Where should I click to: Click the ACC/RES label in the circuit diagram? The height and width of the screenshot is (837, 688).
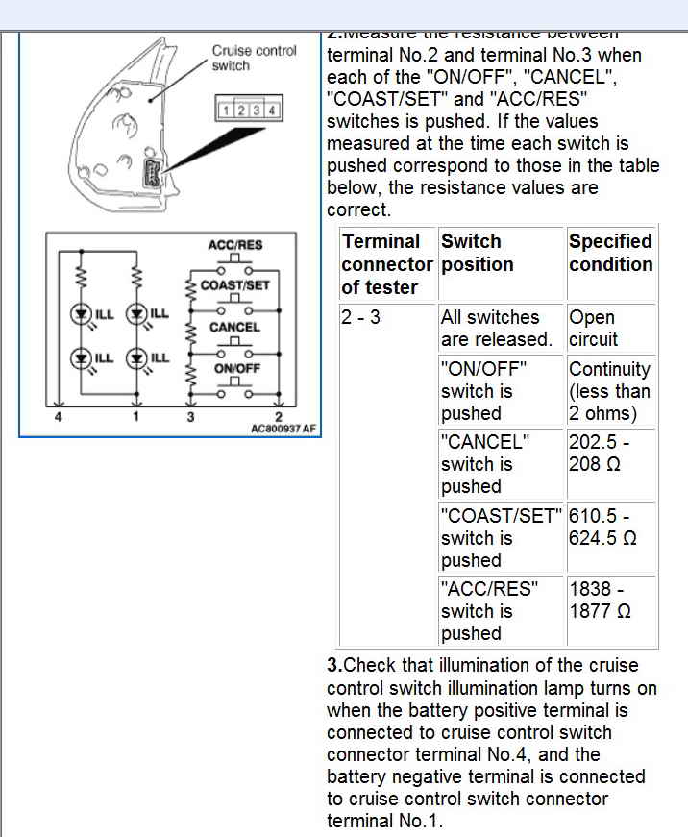click(x=234, y=245)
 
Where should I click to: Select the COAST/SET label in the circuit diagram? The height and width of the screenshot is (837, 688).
click(x=235, y=285)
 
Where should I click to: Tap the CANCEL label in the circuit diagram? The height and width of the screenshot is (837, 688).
click(x=234, y=327)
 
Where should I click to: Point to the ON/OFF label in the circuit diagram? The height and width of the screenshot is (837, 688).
click(x=234, y=368)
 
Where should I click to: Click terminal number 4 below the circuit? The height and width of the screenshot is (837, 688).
click(x=59, y=416)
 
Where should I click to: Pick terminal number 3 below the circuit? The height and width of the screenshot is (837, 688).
click(x=190, y=416)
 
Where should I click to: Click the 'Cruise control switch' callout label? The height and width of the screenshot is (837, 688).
click(x=255, y=58)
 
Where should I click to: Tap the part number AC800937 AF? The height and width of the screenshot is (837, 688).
click(x=283, y=429)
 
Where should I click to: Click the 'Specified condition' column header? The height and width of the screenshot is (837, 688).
click(x=610, y=253)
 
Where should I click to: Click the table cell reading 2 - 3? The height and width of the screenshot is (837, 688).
click(x=360, y=317)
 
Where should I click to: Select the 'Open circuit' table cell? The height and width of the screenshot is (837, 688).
click(x=593, y=328)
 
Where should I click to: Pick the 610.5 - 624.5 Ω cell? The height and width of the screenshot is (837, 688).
click(x=602, y=527)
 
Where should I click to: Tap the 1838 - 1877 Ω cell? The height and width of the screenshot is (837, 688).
click(x=600, y=600)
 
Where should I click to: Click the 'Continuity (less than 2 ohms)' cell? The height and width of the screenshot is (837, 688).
click(x=609, y=391)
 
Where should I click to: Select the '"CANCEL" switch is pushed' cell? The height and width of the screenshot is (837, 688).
click(x=484, y=464)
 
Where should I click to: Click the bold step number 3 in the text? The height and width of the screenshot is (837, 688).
click(x=333, y=665)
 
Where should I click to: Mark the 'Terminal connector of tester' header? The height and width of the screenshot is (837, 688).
click(x=386, y=264)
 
